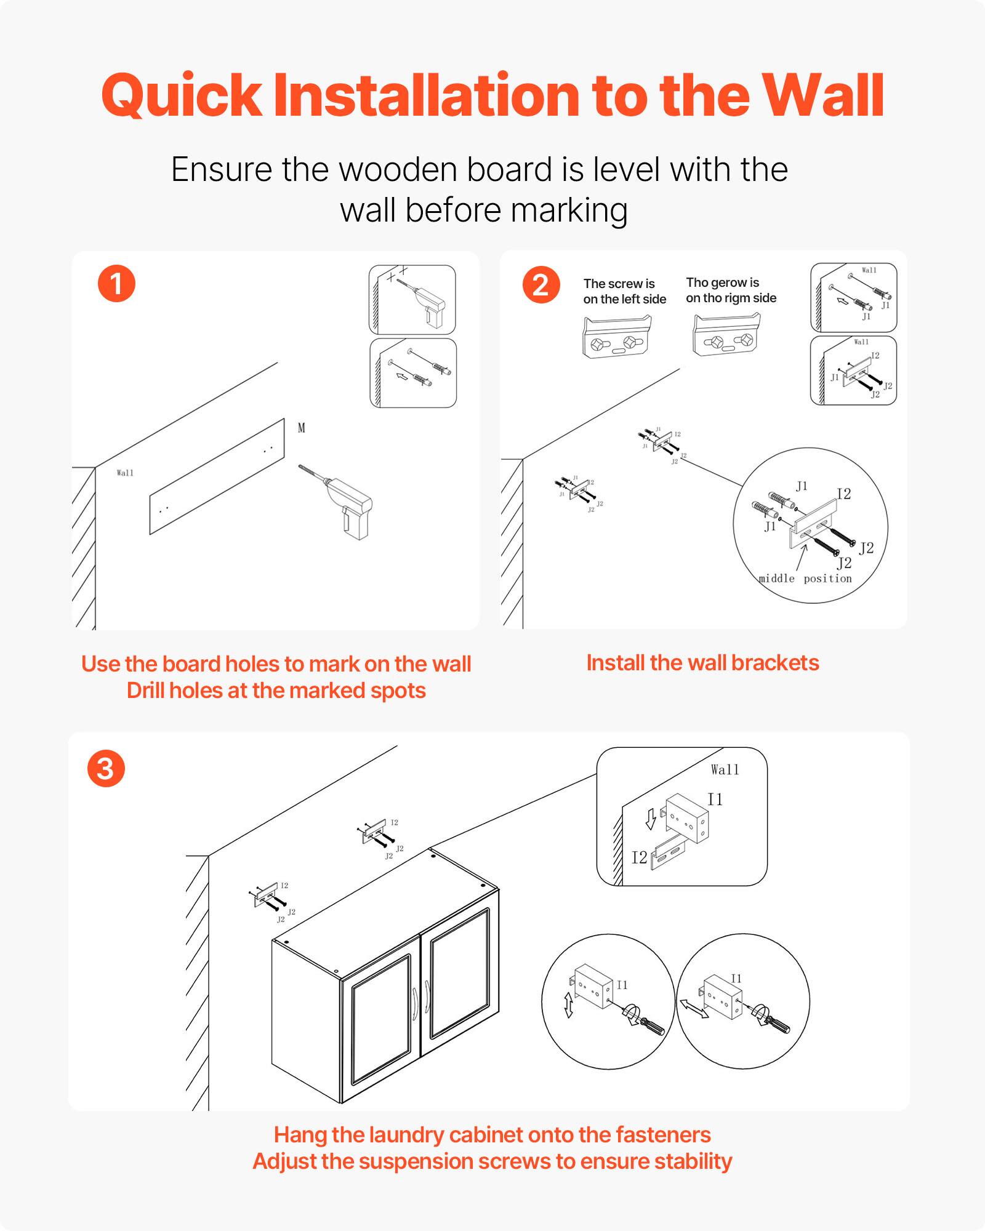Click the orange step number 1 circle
coord(116,284)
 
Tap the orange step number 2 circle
coord(541,285)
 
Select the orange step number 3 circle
coord(106,769)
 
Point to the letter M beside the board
coord(302,428)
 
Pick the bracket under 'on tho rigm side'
coord(726,336)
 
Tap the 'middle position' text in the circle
coord(805,579)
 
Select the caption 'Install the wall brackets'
coord(702,663)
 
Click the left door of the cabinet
coord(380,1020)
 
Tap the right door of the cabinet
coord(459,972)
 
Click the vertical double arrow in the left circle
coord(569,1005)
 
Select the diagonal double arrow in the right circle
coord(694,1008)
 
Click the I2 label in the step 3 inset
coord(639,857)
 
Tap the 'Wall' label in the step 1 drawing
coord(125,473)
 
